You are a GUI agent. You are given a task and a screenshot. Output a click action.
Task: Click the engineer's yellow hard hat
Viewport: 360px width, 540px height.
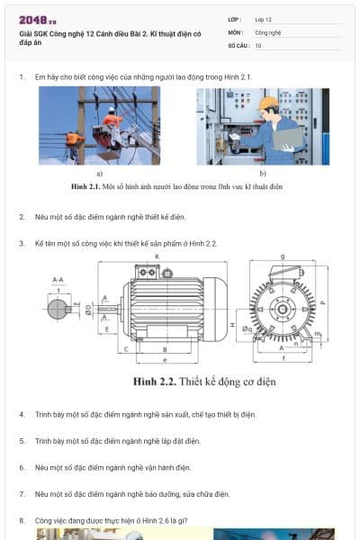point(268,104)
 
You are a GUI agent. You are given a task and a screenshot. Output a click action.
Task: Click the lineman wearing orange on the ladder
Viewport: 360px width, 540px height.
point(112,121)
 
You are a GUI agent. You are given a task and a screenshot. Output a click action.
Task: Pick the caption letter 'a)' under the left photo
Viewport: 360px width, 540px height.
point(99,173)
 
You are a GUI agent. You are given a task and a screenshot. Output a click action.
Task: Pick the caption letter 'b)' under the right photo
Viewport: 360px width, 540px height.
point(263,173)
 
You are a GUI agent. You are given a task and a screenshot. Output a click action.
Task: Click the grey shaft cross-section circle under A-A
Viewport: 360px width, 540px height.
point(57,309)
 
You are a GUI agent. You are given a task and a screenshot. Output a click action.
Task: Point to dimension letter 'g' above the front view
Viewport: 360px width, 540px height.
point(282,257)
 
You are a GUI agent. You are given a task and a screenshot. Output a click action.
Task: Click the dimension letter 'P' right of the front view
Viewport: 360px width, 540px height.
point(324,303)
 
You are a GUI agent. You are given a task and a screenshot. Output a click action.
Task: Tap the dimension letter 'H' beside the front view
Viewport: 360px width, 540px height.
point(232,324)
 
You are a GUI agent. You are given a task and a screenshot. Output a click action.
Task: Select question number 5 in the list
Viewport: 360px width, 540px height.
point(22,441)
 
